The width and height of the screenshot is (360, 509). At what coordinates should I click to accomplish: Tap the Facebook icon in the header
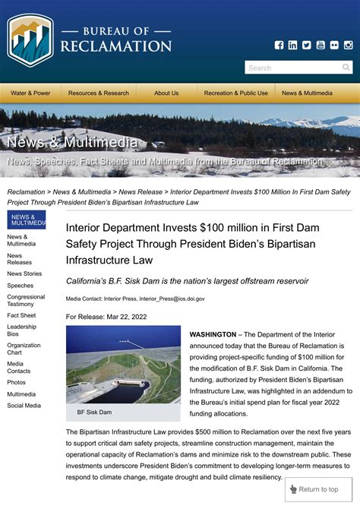(279, 45)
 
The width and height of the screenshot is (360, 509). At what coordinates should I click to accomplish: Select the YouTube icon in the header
(321, 45)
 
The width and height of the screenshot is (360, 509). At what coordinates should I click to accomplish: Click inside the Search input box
(292, 68)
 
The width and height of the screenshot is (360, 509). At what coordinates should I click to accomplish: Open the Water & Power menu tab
(30, 93)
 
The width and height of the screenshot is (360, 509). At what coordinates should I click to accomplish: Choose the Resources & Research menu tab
(99, 93)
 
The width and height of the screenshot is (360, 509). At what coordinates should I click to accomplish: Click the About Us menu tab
(166, 93)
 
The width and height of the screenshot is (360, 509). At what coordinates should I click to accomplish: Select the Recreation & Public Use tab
(235, 93)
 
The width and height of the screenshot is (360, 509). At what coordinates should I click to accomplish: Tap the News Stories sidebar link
(24, 273)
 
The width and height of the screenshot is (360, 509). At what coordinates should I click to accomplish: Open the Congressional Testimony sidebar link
(26, 301)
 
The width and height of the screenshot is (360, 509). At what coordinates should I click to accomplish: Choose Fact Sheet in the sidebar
(21, 315)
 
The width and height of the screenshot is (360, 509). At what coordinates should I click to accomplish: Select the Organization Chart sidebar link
(24, 349)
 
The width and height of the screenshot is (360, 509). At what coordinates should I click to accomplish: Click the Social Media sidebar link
(24, 406)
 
